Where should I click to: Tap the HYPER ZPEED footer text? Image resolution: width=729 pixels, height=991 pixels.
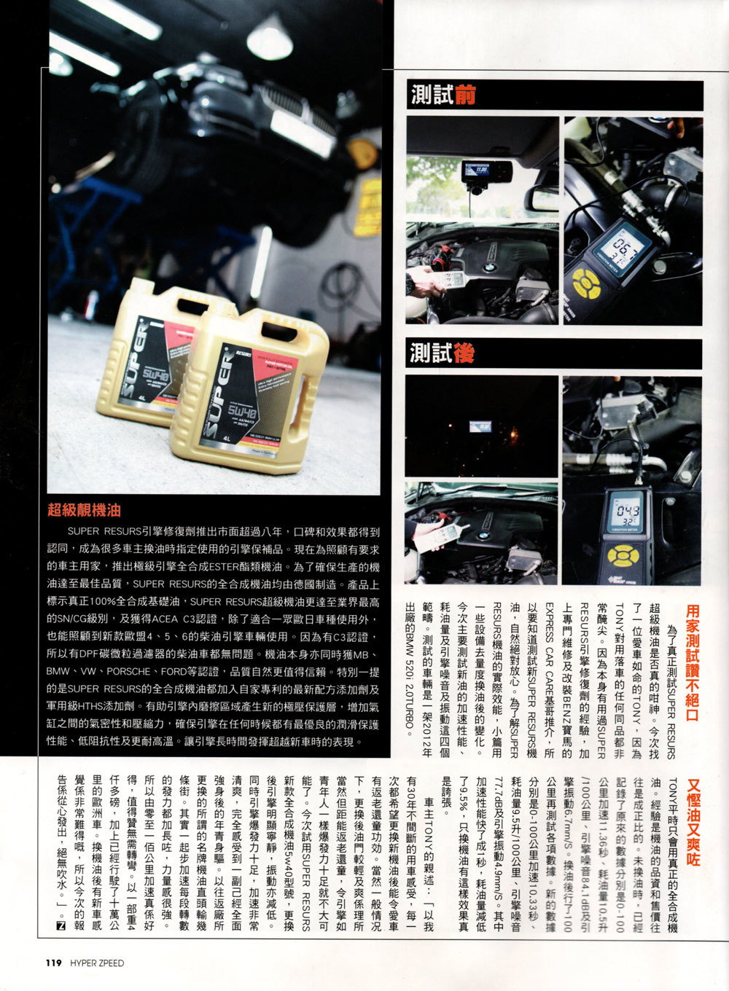[97, 963]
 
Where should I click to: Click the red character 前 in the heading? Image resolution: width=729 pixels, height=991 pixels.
[464, 95]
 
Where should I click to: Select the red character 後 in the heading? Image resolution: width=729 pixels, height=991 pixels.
[464, 354]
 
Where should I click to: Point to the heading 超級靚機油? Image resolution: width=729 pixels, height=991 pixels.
[83, 509]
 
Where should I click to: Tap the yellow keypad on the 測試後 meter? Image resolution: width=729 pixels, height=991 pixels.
[622, 557]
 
